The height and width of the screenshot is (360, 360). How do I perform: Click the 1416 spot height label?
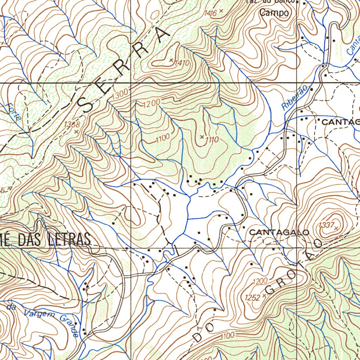pos(210,13)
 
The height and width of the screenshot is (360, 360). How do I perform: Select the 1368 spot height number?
pos(72,124)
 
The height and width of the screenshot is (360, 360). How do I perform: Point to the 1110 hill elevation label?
pos(212,140)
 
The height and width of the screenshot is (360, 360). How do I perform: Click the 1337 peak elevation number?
pos(326,225)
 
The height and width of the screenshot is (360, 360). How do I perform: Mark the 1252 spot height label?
pos(253,297)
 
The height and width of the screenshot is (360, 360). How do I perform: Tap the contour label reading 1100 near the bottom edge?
pos(227,336)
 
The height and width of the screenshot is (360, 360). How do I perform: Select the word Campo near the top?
pos(274,13)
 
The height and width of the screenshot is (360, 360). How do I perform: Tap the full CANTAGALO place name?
pos(279,232)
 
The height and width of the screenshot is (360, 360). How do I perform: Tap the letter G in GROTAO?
pos(270,289)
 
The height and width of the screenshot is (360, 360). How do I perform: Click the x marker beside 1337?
pos(336,228)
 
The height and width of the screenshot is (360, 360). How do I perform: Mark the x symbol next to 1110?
pos(202,136)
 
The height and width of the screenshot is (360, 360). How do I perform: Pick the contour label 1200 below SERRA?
pos(152,103)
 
